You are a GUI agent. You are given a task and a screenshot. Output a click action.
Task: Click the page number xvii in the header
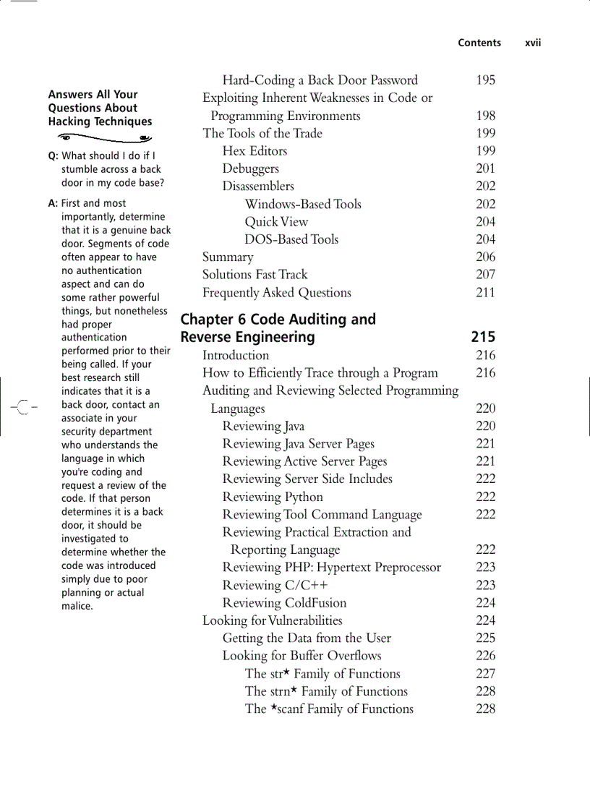(533, 43)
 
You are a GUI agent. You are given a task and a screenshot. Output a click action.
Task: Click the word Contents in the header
(479, 43)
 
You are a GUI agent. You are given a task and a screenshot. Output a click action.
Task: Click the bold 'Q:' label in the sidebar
(54, 155)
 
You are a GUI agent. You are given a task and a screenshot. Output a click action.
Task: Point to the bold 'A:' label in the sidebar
(53, 203)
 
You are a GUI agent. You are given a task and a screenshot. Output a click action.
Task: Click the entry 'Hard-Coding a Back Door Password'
(320, 80)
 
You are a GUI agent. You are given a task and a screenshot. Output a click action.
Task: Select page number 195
(485, 80)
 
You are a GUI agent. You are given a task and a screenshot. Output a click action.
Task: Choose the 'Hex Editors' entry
(255, 151)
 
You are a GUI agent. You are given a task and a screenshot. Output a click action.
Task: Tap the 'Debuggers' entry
(250, 168)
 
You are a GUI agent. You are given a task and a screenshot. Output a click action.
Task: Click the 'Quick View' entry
(276, 222)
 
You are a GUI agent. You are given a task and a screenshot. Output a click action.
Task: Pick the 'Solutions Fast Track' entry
(255, 275)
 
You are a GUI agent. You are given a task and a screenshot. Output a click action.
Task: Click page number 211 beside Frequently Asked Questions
(485, 293)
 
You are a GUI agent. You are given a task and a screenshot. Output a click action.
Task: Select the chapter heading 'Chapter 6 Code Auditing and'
(278, 320)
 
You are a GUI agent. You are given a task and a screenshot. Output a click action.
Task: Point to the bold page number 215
(483, 337)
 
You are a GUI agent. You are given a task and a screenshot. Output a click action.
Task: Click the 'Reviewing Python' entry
(273, 497)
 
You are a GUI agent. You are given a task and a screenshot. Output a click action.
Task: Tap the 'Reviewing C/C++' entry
(275, 586)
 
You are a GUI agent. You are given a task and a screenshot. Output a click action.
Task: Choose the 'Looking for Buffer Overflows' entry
(302, 656)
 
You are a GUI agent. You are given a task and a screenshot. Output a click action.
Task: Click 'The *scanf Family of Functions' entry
(329, 709)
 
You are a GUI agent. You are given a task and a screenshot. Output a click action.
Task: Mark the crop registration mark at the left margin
(23, 408)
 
